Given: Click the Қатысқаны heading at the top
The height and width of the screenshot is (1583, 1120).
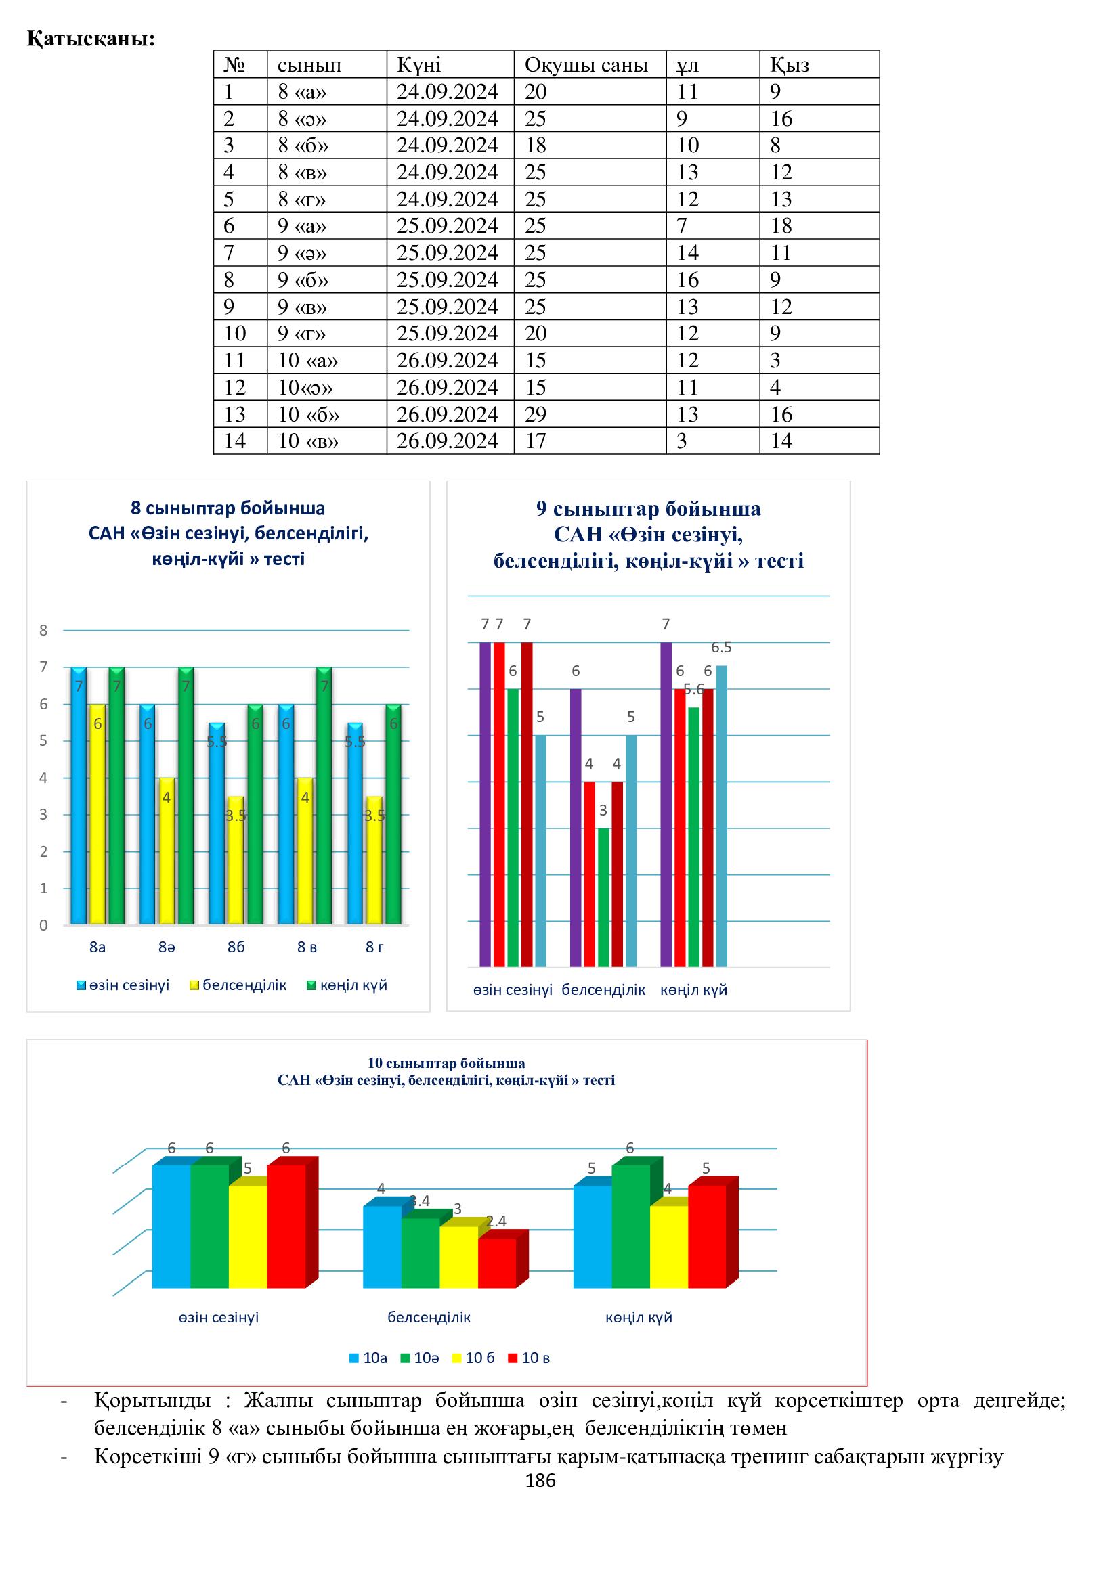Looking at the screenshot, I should (x=91, y=39).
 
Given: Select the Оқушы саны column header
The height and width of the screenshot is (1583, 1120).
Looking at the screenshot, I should (x=586, y=65).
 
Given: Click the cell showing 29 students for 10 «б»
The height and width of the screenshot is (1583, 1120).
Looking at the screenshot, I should (x=536, y=414).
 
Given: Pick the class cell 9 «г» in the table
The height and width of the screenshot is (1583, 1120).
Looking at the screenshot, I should (x=301, y=334).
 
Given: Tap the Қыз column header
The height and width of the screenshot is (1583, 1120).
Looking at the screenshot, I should (x=789, y=65).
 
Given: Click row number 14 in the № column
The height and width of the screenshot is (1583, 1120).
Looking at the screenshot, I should (x=235, y=441).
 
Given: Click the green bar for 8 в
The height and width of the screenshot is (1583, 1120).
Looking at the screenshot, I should (x=324, y=797).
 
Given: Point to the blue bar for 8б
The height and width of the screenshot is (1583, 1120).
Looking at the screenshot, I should (x=217, y=824).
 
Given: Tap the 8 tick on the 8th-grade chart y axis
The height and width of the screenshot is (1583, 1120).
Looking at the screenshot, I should (x=43, y=630).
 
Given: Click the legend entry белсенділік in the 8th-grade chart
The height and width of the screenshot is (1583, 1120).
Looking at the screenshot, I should (x=244, y=985).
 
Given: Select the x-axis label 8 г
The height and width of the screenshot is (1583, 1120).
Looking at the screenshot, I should (x=374, y=947).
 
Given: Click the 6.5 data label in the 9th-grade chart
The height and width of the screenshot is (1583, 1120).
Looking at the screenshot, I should (x=721, y=648).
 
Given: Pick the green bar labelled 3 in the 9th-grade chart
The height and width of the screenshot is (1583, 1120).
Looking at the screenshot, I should (x=603, y=896).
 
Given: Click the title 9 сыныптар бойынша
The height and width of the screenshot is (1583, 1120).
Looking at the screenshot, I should (x=648, y=509).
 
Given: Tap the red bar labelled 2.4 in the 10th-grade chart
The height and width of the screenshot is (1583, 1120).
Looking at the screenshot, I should (x=496, y=1263).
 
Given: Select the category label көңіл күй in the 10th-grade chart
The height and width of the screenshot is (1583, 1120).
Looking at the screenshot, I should (x=639, y=1318).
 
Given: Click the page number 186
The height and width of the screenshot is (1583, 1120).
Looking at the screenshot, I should (x=540, y=1480).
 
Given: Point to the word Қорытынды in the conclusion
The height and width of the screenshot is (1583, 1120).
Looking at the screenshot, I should (x=152, y=1400).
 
